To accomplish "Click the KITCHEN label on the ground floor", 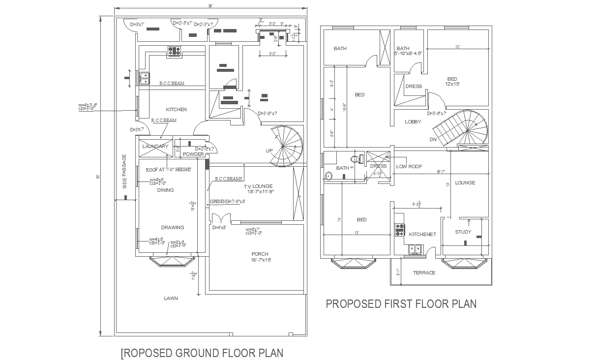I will coord(176,109).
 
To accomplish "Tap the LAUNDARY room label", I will coord(155,146).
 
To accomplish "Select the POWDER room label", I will coord(193,154).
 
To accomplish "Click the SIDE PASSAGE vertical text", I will coord(125,171).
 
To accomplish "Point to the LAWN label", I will coord(171,298).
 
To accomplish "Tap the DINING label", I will coord(165,190).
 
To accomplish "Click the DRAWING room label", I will coord(173,227).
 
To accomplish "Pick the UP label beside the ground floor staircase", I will coord(269,150).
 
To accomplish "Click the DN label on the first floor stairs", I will coord(433,139).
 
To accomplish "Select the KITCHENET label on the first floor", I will coord(422,235).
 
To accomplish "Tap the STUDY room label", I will coord(463,232).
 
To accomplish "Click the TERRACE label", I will coord(424,272).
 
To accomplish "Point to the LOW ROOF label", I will coord(409,166).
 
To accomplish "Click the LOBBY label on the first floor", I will coord(413,121).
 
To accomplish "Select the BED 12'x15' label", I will coord(452,81).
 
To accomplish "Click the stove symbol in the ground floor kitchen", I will coord(174,50).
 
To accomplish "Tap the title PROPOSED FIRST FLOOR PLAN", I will coord(401,304).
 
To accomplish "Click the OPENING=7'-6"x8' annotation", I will coord(227,201).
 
